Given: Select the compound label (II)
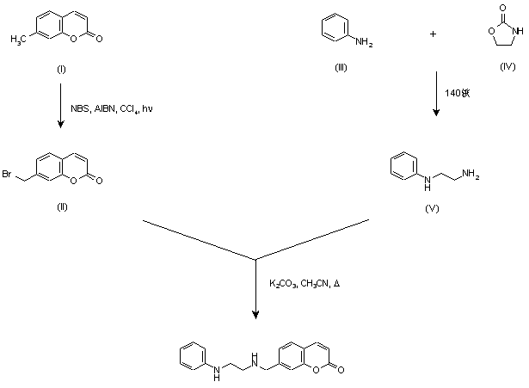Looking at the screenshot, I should (x=59, y=206).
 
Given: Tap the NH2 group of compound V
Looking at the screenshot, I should (x=471, y=176).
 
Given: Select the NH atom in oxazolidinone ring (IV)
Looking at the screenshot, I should (x=514, y=35).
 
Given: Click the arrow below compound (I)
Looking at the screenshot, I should (x=59, y=107).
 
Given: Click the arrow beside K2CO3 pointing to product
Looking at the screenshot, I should (x=255, y=288).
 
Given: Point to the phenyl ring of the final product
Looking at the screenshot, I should (x=194, y=356).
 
